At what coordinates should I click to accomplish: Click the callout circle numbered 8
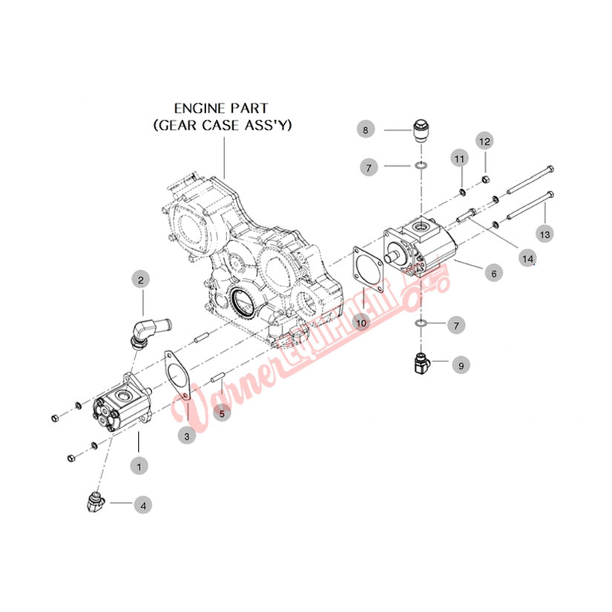(364, 131)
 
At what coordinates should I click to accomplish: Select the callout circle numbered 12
(484, 141)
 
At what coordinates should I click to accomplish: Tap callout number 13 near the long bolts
(545, 234)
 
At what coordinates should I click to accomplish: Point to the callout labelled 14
(527, 259)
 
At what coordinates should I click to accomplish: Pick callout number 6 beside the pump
(490, 274)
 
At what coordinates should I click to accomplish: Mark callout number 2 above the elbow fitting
(142, 280)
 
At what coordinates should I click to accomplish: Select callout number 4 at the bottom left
(144, 505)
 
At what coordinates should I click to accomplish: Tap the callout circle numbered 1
(137, 466)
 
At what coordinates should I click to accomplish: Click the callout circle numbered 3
(187, 437)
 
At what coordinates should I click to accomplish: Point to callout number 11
(459, 159)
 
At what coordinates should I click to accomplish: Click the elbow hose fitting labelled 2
(145, 330)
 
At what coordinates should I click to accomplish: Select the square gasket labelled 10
(369, 270)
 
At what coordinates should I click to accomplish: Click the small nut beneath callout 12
(484, 178)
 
